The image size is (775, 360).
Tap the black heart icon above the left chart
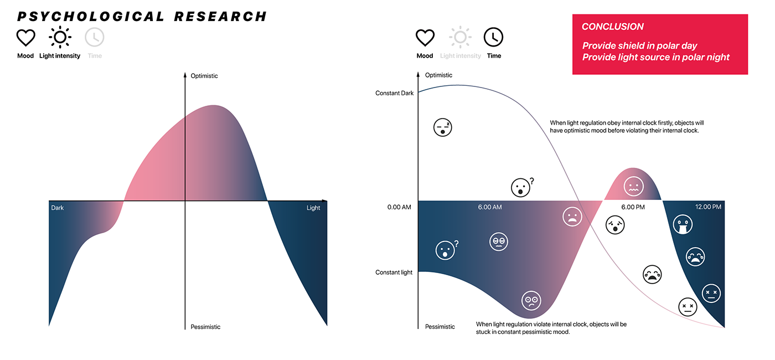tap(25, 38)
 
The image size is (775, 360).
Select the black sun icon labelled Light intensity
tap(60, 38)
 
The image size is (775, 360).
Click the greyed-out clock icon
tap(95, 38)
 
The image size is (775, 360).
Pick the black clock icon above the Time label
tap(493, 38)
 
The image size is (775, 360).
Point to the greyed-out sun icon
tap(460, 38)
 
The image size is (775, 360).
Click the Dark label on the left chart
tap(58, 208)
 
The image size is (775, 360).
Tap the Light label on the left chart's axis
tap(313, 208)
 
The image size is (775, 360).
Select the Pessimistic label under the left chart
tap(205, 327)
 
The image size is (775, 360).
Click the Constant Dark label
tap(394, 93)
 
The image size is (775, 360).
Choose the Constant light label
tap(394, 272)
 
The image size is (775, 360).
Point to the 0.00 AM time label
tap(399, 207)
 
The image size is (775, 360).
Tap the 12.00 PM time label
tap(708, 207)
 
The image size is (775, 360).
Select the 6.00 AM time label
tap(490, 207)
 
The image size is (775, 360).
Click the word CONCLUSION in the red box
tap(613, 27)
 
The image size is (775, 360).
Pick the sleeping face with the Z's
tap(442, 127)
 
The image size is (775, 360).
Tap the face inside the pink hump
tap(633, 186)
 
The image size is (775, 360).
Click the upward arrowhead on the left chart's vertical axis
tap(185, 75)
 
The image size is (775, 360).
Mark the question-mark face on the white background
tap(520, 187)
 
